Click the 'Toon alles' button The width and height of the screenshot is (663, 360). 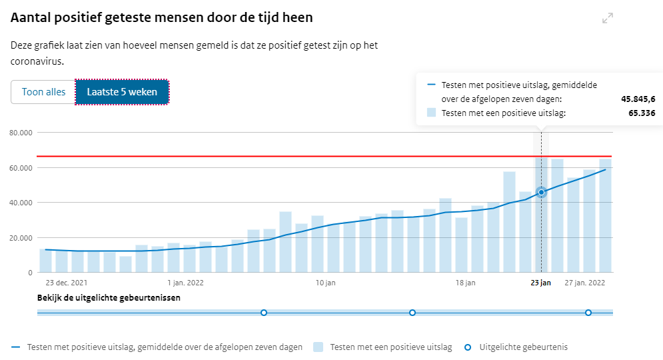click(43, 92)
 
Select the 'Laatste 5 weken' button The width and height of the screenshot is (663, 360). click(122, 92)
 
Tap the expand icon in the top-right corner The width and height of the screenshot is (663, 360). click(607, 19)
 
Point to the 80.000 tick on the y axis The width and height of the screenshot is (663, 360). click(22, 133)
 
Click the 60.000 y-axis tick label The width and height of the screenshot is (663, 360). click(22, 167)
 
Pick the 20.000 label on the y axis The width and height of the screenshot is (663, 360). click(22, 238)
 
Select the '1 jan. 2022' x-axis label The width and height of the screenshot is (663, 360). click(185, 283)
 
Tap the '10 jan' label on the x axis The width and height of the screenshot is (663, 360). click(325, 283)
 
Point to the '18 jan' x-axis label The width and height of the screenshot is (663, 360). click(465, 283)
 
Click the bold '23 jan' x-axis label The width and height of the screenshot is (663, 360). click(540, 283)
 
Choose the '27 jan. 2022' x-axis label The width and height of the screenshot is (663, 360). click(585, 283)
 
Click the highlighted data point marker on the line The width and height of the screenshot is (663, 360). click(541, 192)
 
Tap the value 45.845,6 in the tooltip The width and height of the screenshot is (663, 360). click(638, 99)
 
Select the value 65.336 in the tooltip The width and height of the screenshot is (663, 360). click(642, 113)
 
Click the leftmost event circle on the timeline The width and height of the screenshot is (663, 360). click(264, 313)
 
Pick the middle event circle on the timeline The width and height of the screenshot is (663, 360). click(412, 313)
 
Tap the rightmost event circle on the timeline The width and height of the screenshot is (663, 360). click(588, 313)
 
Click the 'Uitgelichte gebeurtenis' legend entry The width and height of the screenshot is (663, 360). click(523, 347)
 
